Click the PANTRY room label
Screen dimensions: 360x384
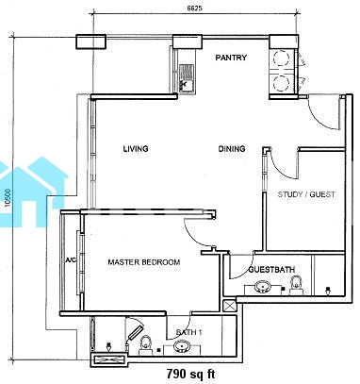(x=231, y=58)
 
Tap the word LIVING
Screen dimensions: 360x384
(x=136, y=148)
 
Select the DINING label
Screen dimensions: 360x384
(x=232, y=148)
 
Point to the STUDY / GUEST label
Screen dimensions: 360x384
(x=306, y=194)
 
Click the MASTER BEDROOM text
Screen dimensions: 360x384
(x=144, y=262)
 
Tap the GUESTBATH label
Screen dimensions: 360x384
(x=271, y=270)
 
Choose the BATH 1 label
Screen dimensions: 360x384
(x=188, y=332)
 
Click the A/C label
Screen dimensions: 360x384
(x=71, y=260)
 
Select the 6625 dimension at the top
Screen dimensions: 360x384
(x=194, y=8)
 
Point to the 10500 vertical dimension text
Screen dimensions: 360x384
(x=8, y=199)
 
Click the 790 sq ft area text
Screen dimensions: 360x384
(x=190, y=375)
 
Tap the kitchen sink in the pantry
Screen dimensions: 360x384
(x=187, y=78)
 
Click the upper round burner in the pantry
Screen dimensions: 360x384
(x=281, y=58)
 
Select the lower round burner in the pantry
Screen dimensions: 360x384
(x=281, y=83)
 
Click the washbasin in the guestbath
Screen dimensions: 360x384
(x=262, y=287)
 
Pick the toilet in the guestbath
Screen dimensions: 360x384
(x=296, y=285)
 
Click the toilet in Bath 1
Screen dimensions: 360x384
(x=145, y=345)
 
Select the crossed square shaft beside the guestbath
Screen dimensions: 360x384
(x=228, y=305)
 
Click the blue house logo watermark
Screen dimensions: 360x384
(x=33, y=192)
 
